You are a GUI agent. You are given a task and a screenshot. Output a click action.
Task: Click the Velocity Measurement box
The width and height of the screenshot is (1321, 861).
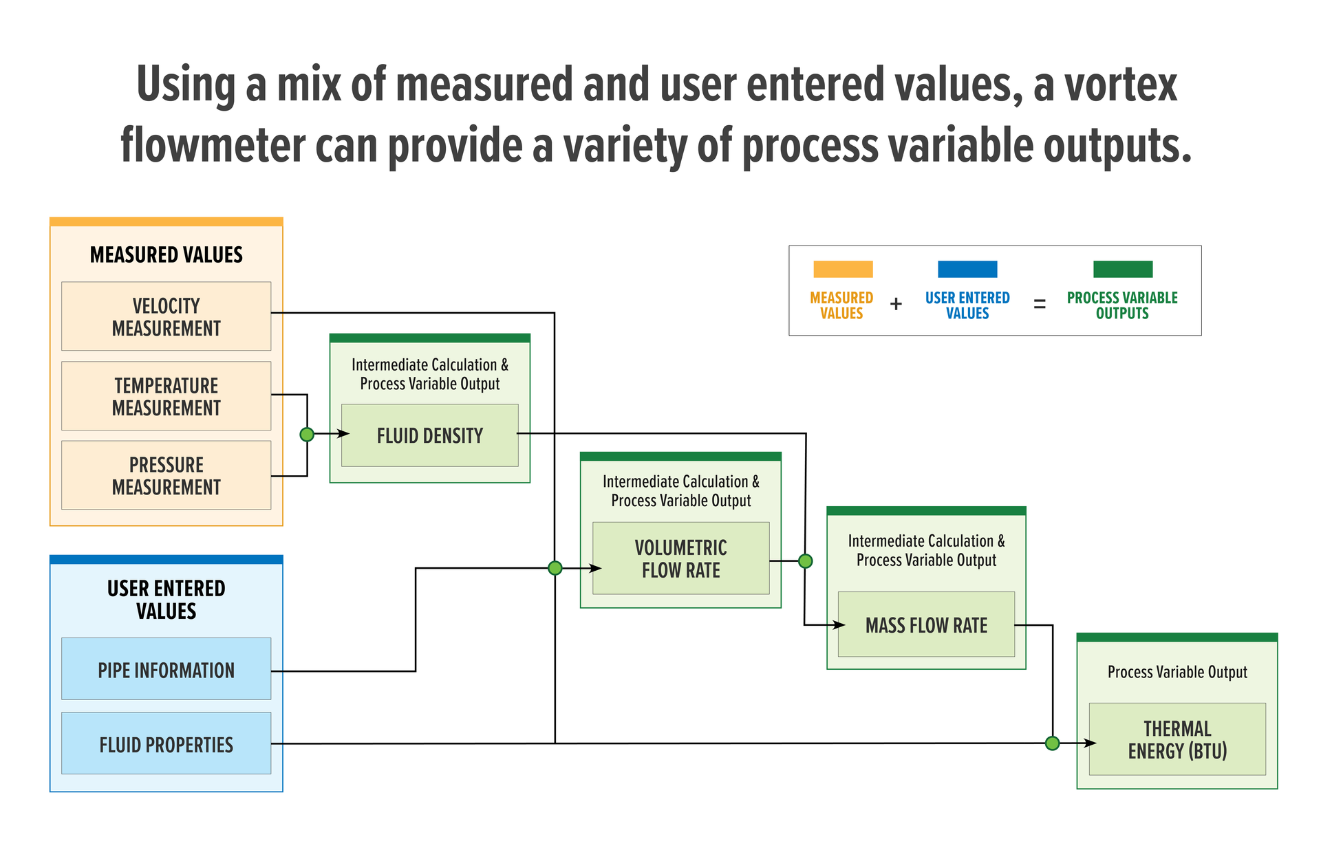pos(166,316)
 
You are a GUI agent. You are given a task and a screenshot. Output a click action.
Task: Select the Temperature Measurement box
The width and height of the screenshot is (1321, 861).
pos(166,396)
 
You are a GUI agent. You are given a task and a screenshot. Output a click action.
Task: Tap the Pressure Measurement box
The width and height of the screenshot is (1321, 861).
pos(166,475)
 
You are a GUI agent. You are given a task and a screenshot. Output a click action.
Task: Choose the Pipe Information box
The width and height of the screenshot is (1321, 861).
pos(166,669)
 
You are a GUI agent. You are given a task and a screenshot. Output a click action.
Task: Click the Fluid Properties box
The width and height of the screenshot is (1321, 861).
pos(166,743)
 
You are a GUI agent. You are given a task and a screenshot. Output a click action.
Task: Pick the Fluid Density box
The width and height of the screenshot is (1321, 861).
pos(429,435)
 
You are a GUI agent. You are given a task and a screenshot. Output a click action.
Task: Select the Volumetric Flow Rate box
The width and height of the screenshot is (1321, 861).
pos(680,558)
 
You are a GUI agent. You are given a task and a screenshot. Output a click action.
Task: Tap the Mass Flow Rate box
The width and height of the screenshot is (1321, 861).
pos(926,624)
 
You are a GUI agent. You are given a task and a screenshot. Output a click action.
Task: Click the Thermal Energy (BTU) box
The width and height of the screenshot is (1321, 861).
pos(1177,739)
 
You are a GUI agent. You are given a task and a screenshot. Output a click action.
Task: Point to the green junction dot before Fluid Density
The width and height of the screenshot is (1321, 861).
pos(307,435)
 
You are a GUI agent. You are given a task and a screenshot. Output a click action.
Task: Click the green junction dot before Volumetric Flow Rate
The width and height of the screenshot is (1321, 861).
pos(555,568)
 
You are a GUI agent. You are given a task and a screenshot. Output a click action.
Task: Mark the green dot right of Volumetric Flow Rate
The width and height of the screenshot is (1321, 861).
pos(805,561)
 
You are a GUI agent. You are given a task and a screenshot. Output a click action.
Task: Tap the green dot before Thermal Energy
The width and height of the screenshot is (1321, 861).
pos(1052,743)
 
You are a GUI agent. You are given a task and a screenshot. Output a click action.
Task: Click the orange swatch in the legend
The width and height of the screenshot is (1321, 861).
pos(843,269)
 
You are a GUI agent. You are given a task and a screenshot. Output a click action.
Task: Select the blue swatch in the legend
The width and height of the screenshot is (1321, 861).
pos(967,269)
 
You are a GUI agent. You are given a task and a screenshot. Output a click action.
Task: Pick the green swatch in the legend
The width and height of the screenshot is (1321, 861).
pos(1122,269)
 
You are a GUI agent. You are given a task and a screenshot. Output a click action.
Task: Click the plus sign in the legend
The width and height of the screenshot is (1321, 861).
pos(896,304)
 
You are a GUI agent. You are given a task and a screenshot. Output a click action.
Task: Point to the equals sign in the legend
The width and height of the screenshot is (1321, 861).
pos(1040,304)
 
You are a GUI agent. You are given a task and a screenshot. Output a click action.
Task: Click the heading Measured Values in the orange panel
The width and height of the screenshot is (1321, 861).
pos(166,255)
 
